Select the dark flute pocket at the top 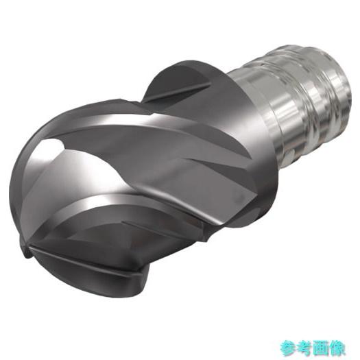(174, 83)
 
